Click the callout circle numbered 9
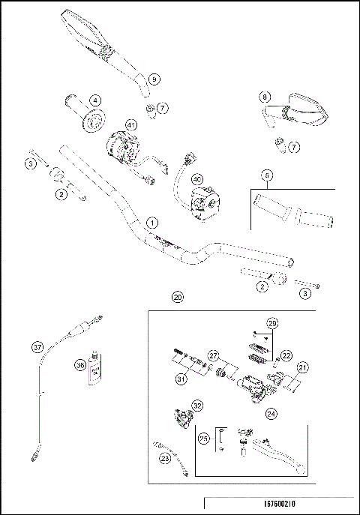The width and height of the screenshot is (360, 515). pyautogui.click(x=154, y=79)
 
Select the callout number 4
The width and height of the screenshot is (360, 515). pyautogui.click(x=96, y=99)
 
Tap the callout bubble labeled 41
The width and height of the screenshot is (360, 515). pyautogui.click(x=131, y=124)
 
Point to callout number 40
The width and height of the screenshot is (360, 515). pyautogui.click(x=197, y=179)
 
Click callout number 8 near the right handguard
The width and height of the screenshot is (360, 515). pyautogui.click(x=265, y=97)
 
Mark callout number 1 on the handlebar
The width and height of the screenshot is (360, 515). pyautogui.click(x=152, y=223)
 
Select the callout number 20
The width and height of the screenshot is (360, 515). pyautogui.click(x=177, y=297)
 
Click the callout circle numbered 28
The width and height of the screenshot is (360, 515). pyautogui.click(x=273, y=324)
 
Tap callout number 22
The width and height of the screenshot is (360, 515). pyautogui.click(x=286, y=356)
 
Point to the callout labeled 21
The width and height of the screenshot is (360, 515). pyautogui.click(x=303, y=367)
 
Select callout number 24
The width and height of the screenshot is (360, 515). pyautogui.click(x=271, y=412)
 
